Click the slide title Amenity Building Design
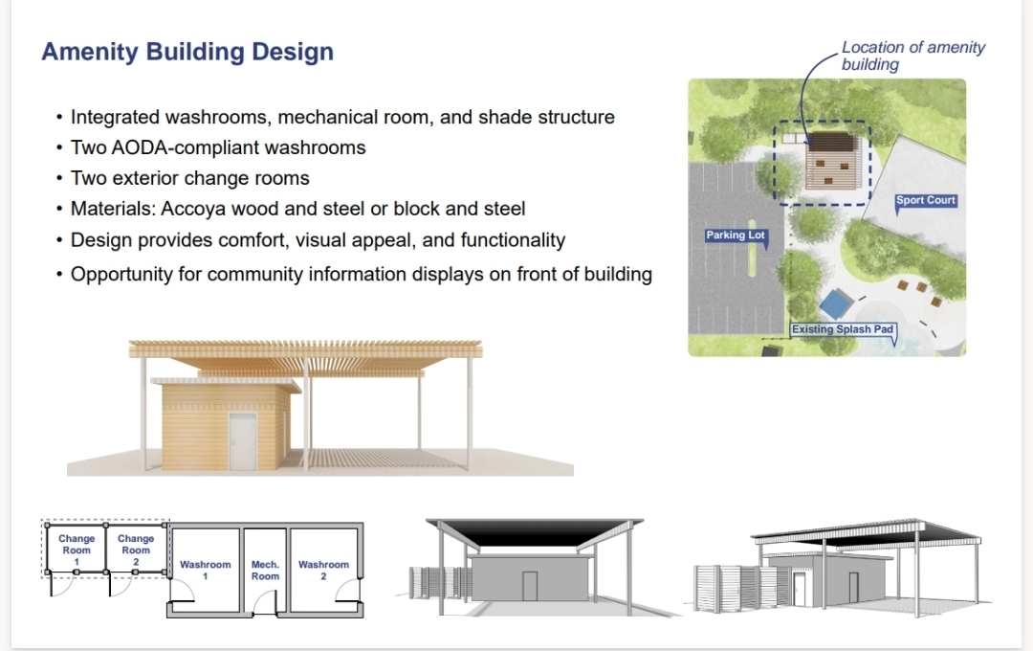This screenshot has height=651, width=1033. click(x=187, y=52)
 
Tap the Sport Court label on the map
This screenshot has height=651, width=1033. click(x=925, y=200)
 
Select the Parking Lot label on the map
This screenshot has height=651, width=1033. click(x=736, y=236)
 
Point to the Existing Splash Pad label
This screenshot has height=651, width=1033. click(x=843, y=329)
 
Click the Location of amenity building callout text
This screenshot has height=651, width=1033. click(x=913, y=56)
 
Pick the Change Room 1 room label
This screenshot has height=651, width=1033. click(x=77, y=550)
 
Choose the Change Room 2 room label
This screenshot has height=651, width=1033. click(x=136, y=550)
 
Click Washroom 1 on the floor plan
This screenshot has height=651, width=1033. click(x=205, y=570)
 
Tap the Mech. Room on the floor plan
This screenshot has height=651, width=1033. click(x=265, y=570)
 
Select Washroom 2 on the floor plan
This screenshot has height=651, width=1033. click(x=323, y=570)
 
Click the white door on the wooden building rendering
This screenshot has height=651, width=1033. click(x=242, y=441)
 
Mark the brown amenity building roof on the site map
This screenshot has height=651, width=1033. click(x=831, y=161)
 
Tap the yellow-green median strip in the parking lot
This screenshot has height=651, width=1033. click(x=751, y=247)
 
